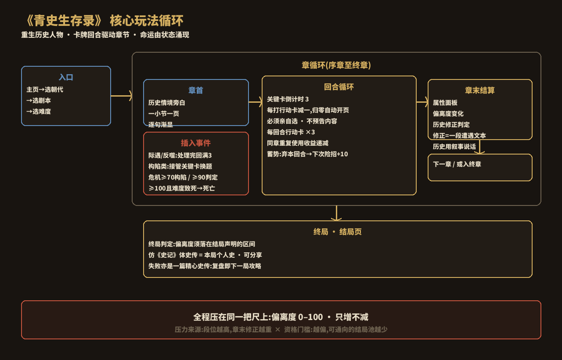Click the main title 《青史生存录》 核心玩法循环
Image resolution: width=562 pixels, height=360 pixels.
[x=104, y=21]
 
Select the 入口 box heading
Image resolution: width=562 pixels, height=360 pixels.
[x=66, y=77]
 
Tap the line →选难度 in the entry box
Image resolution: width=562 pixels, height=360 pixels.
[x=39, y=112]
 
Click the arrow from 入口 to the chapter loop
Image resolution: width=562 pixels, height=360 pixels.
[x=122, y=96]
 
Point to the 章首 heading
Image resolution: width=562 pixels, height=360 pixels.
[x=196, y=90]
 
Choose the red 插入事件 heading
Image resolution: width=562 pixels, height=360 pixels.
[x=196, y=143]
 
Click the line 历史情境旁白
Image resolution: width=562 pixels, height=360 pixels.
[x=166, y=103]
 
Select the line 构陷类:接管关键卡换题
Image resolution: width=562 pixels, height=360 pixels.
[x=180, y=166]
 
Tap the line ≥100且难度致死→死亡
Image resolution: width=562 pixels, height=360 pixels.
[x=182, y=188]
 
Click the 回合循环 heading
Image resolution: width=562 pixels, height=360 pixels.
[x=339, y=87]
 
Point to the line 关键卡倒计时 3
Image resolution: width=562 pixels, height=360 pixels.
[x=288, y=99]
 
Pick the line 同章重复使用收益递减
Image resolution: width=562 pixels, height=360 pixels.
[x=298, y=143]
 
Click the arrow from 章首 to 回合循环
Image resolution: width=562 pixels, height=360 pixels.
[x=256, y=102]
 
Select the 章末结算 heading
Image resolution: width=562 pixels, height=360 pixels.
[x=480, y=90]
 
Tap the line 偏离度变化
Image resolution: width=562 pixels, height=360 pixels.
[x=448, y=114]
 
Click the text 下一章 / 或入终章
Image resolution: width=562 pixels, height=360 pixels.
[x=457, y=164]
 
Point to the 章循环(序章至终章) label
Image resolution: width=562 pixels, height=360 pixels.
[x=336, y=65]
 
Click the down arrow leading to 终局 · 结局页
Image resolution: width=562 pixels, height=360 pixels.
[x=336, y=213]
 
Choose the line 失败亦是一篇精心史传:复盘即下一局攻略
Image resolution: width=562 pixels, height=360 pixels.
[x=205, y=266]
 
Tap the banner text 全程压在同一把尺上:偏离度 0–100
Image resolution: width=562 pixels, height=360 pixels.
[x=258, y=317]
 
